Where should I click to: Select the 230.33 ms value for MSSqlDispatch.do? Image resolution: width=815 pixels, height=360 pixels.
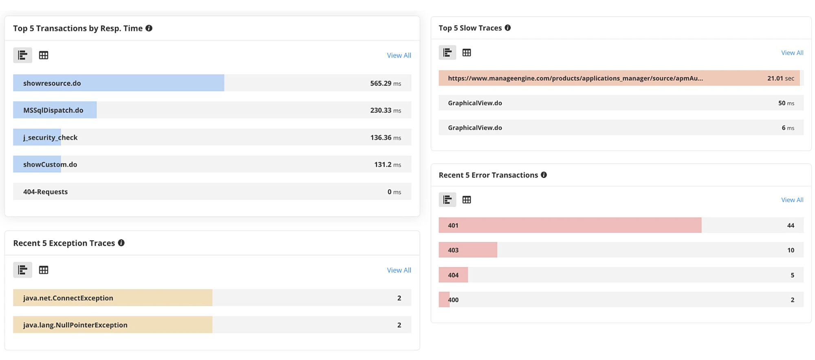385,110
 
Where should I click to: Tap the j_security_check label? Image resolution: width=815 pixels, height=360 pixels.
50,138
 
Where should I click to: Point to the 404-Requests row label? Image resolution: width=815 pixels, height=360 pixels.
45,192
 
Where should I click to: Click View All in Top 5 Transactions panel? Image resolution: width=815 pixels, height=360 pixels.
399,55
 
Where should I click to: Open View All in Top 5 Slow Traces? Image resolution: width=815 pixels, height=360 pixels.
792,53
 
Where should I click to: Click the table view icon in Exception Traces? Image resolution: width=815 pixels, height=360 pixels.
44,270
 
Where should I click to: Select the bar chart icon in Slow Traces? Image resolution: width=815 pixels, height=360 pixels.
447,53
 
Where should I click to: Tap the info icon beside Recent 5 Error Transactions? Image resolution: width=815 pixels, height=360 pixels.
544,175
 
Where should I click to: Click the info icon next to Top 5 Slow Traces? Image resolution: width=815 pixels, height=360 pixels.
507,28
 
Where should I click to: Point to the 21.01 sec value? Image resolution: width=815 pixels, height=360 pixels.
780,78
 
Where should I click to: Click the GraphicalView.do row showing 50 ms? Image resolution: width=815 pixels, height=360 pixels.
475,103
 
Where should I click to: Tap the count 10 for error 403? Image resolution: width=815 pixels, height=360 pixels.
791,250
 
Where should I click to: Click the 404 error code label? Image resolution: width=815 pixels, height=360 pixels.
453,275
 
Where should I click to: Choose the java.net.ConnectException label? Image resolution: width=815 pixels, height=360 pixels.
68,298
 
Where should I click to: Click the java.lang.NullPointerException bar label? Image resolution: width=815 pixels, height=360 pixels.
75,325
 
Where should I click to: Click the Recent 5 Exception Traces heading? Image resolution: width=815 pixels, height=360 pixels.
64,243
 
